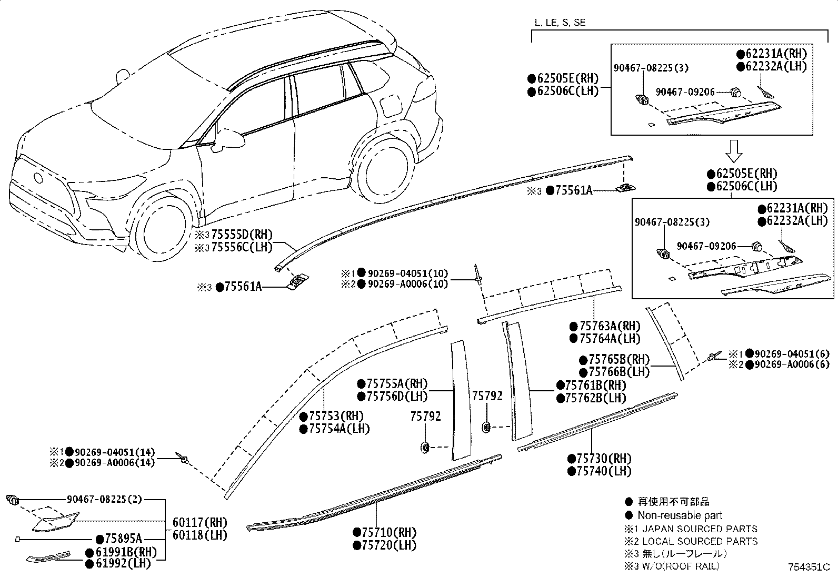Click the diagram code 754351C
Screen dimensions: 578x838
coord(808,567)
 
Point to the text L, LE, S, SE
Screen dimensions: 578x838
coord(560,23)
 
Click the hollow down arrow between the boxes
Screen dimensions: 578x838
coord(734,150)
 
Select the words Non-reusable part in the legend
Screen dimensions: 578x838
coord(680,515)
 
